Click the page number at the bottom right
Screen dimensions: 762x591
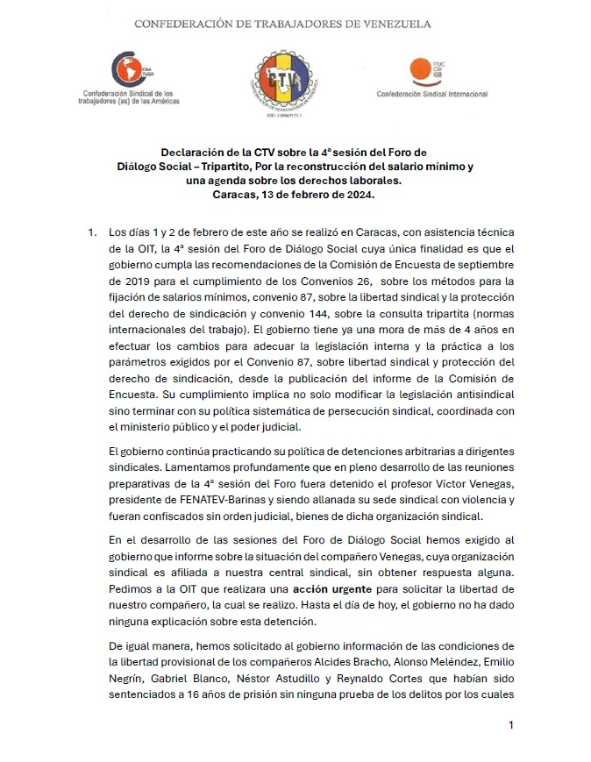pyautogui.click(x=510, y=725)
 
